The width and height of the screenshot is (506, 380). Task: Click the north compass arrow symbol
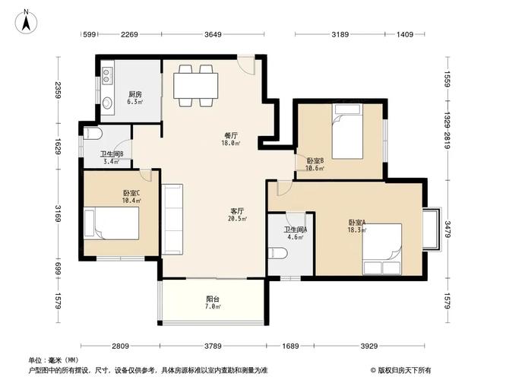(x=26, y=21)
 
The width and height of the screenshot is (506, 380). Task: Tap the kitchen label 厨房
(x=134, y=93)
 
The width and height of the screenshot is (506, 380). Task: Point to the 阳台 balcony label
(x=213, y=299)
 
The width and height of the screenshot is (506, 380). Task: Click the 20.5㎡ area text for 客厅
(x=237, y=219)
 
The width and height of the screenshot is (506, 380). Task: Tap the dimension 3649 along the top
(x=213, y=34)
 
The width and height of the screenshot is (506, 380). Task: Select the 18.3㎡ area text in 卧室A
(x=357, y=230)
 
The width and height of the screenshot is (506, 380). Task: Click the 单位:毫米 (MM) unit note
(x=54, y=359)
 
